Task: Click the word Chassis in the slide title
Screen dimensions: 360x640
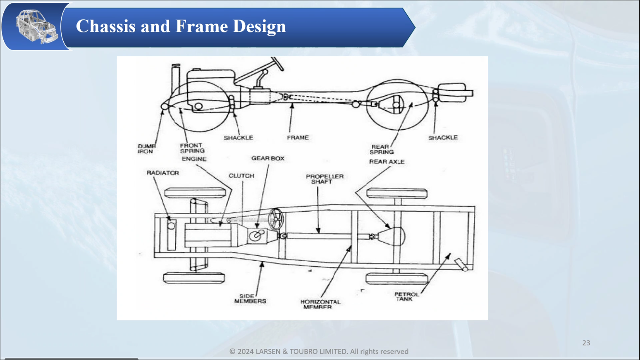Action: click(106, 26)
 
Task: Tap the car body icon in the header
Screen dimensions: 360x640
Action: click(36, 27)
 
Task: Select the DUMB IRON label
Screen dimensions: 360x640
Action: click(146, 149)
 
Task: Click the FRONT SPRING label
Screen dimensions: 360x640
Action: click(192, 148)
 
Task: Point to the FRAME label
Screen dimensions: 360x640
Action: click(298, 138)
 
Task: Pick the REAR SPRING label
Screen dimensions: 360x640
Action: click(381, 149)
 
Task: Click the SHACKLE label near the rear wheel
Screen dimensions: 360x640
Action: click(443, 138)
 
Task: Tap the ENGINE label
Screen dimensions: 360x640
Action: click(194, 159)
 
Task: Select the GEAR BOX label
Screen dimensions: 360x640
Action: click(268, 158)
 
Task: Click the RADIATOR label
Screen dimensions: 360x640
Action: click(162, 173)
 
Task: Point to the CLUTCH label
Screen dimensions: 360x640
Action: click(241, 176)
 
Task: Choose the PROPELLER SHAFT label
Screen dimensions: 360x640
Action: click(324, 179)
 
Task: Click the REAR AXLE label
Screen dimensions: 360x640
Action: click(387, 162)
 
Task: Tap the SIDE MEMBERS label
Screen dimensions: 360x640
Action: click(250, 299)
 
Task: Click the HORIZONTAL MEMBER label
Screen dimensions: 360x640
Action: click(320, 305)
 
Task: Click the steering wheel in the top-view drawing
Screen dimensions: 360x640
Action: click(275, 219)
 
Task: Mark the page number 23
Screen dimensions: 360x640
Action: click(586, 343)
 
